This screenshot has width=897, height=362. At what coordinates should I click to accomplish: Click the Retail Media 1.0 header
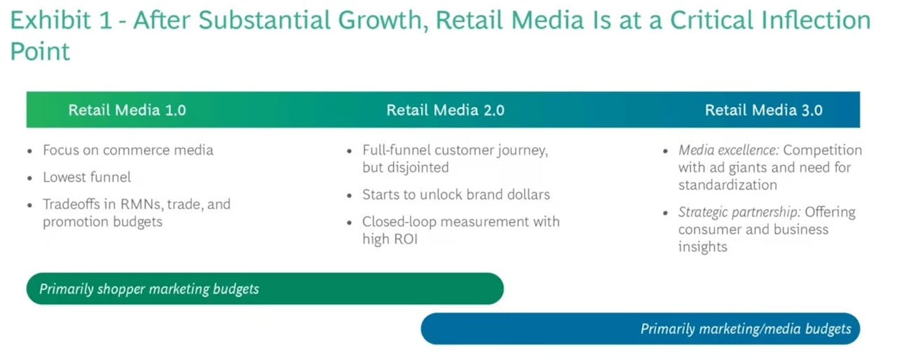127,110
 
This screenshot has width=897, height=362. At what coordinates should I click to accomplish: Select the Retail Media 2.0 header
445,110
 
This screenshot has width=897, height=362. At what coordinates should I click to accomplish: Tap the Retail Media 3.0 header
764,110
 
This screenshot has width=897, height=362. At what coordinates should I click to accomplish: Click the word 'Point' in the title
40,52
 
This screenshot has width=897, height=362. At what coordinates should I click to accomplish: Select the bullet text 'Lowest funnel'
86,177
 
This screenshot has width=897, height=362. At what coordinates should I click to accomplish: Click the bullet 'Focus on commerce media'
128,150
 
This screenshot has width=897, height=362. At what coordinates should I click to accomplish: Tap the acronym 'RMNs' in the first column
142,204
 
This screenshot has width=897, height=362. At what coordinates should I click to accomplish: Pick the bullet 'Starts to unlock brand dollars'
456,195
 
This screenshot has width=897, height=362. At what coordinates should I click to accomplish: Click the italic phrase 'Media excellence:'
728,150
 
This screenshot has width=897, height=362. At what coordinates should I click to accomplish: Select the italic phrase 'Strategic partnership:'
739,212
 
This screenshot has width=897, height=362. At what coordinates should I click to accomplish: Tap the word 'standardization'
727,185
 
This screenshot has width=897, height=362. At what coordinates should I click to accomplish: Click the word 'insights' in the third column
702,246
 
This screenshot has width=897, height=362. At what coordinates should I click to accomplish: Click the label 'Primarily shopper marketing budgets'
149,288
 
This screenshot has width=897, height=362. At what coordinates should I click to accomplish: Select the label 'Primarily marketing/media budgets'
746,329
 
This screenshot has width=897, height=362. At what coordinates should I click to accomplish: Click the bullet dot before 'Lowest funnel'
29,178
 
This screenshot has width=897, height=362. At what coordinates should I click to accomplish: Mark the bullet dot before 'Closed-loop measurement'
349,223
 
